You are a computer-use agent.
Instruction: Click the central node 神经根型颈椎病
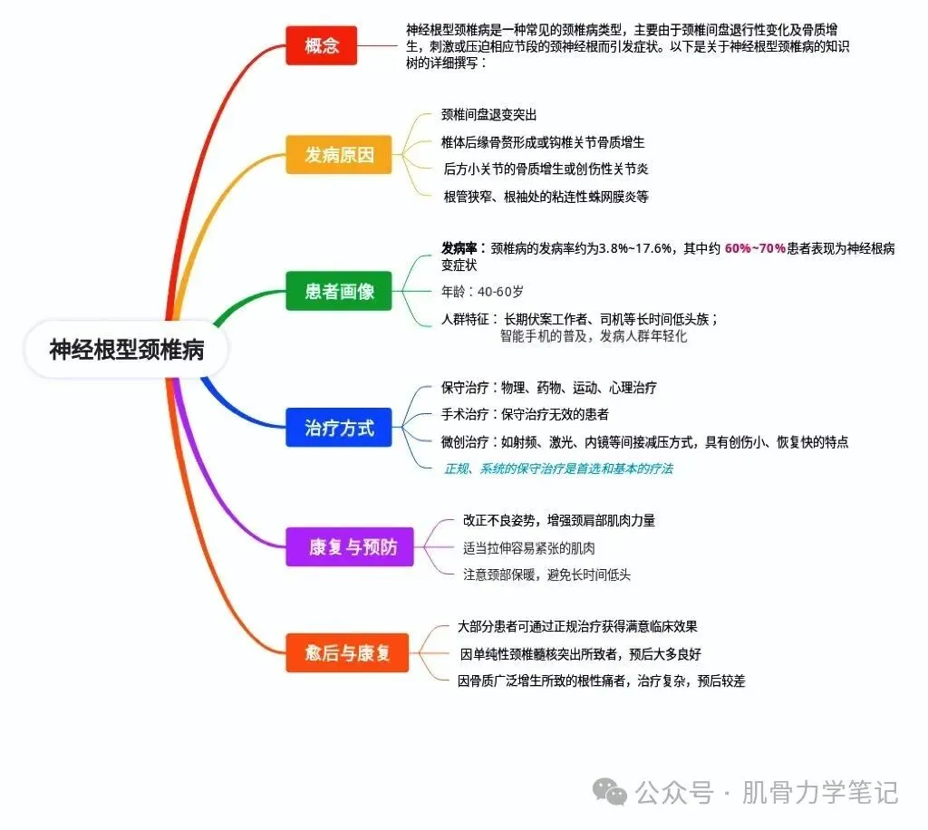[127, 350]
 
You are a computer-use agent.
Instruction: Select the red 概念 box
[323, 45]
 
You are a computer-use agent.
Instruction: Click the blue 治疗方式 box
[340, 428]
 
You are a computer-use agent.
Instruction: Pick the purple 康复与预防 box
[350, 547]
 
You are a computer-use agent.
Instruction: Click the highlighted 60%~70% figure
[755, 249]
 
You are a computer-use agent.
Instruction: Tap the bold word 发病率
[460, 249]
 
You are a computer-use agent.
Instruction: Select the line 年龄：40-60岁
[482, 292]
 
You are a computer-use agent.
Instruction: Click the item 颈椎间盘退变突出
[489, 115]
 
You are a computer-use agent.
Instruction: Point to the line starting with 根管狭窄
[546, 196]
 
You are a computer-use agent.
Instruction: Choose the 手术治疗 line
[525, 415]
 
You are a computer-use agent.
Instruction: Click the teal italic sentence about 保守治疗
[558, 468]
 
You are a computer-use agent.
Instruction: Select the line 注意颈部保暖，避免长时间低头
[546, 574]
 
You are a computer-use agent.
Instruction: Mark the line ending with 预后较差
[602, 680]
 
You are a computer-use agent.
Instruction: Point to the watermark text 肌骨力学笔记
[820, 793]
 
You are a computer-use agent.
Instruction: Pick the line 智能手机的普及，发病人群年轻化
[594, 336]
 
